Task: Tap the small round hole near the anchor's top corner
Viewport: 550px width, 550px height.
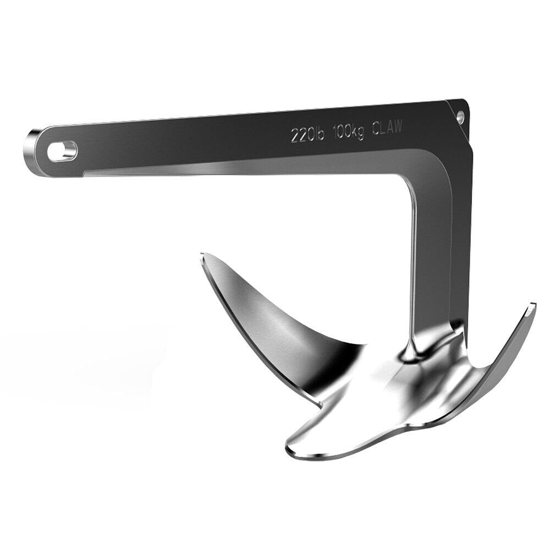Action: pyautogui.click(x=460, y=116)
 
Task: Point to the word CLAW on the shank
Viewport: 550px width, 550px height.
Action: pyautogui.click(x=387, y=128)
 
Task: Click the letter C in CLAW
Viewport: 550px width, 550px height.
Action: pyautogui.click(x=376, y=129)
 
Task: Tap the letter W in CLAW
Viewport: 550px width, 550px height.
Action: pyautogui.click(x=398, y=126)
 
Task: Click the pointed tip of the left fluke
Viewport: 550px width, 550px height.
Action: pyautogui.click(x=203, y=255)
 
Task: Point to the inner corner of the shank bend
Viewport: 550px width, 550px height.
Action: pyautogui.click(x=410, y=184)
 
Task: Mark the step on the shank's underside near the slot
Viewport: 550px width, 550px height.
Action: pyautogui.click(x=84, y=175)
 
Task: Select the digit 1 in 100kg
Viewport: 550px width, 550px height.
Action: pyautogui.click(x=335, y=133)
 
